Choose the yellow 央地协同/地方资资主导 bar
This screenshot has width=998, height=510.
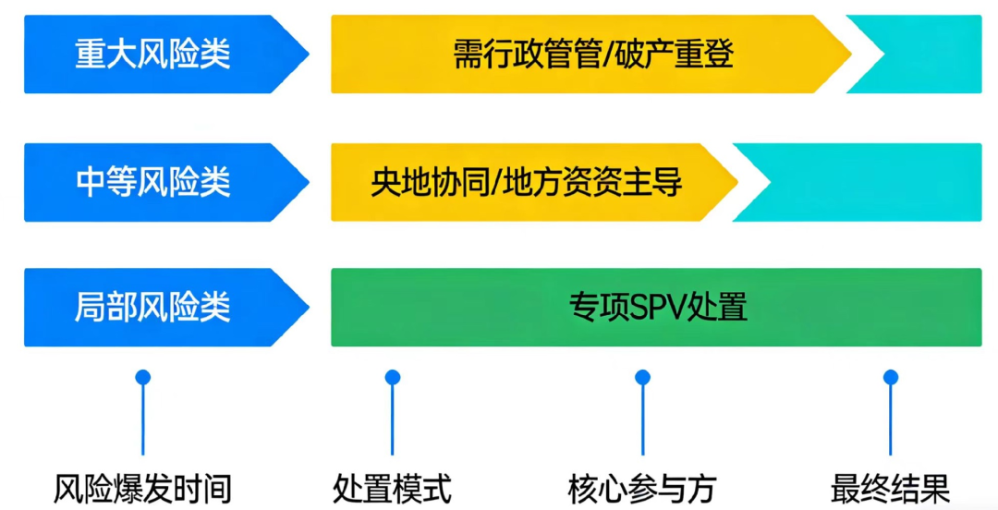tap(527, 182)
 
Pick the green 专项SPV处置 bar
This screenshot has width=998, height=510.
tap(656, 307)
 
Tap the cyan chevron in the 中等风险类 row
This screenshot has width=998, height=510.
tap(869, 182)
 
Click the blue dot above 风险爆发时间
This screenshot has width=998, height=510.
tap(142, 377)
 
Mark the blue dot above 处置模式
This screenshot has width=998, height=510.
tap(393, 377)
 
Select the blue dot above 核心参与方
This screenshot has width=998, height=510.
tap(642, 377)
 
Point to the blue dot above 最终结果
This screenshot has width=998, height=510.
tap(891, 377)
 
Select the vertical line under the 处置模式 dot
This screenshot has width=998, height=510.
tap(393, 420)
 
